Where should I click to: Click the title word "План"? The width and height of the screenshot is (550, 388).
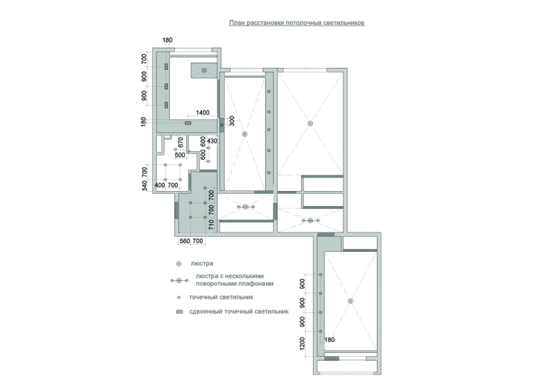click(236, 23)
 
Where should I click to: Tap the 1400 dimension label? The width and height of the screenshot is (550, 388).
click(203, 113)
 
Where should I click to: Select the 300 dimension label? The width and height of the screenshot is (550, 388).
click(231, 121)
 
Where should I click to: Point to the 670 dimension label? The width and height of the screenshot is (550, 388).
click(181, 142)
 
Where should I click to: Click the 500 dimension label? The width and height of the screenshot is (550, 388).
click(180, 155)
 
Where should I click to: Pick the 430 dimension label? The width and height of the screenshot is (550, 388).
click(212, 141)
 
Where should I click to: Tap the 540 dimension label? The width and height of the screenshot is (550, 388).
click(144, 186)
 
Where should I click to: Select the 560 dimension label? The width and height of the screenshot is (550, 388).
click(184, 241)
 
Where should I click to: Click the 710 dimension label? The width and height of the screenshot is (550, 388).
click(211, 225)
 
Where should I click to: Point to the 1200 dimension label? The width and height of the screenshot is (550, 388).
click(302, 343)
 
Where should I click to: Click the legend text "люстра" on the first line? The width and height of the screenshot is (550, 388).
click(202, 263)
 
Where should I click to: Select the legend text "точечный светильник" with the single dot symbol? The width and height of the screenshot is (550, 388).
click(221, 297)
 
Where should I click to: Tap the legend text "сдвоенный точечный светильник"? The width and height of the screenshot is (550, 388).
click(239, 311)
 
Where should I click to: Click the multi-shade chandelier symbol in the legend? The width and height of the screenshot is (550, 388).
click(179, 280)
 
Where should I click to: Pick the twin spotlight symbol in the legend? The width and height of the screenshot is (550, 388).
click(179, 312)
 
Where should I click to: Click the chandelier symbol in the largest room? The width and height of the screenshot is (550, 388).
click(310, 123)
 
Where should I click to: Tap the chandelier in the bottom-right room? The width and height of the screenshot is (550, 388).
click(351, 301)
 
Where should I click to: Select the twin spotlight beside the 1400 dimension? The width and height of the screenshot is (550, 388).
click(189, 123)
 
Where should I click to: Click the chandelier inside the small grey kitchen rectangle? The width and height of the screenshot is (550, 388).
click(204, 71)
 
